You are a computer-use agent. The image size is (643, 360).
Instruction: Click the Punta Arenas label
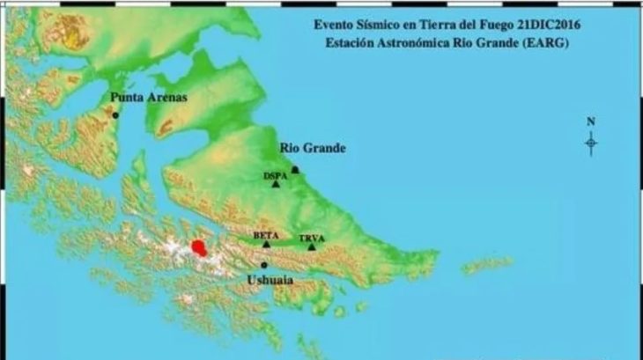(x=149, y=98)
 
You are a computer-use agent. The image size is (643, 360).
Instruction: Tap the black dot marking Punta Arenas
(x=115, y=114)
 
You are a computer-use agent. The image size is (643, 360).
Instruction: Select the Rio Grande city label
(x=312, y=149)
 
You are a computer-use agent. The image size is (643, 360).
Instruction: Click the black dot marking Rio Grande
(x=295, y=170)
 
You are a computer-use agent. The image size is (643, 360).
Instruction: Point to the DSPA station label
(x=276, y=175)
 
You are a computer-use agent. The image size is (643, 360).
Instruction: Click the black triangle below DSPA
(x=276, y=184)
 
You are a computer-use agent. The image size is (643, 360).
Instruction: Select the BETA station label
(x=265, y=235)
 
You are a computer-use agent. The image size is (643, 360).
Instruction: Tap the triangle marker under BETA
(x=266, y=244)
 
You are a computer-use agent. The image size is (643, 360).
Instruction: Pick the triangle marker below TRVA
(x=311, y=247)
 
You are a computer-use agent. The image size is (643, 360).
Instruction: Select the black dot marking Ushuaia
(x=263, y=264)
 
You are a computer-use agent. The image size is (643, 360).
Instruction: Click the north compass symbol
(x=591, y=142)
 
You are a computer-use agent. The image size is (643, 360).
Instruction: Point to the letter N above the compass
(x=591, y=121)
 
